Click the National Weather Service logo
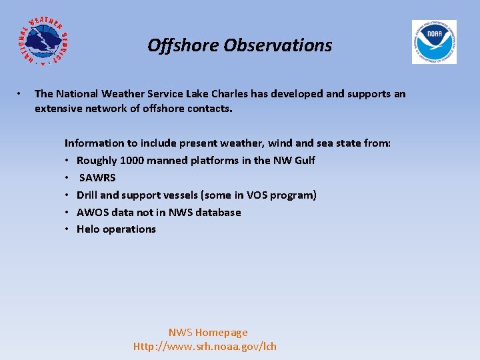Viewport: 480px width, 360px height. (42, 41)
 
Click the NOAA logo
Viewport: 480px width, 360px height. (434, 41)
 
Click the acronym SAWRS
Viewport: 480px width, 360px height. (97, 177)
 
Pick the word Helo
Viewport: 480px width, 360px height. (88, 229)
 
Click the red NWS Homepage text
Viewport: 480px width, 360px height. (208, 332)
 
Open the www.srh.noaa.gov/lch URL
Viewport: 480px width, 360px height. (205, 346)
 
